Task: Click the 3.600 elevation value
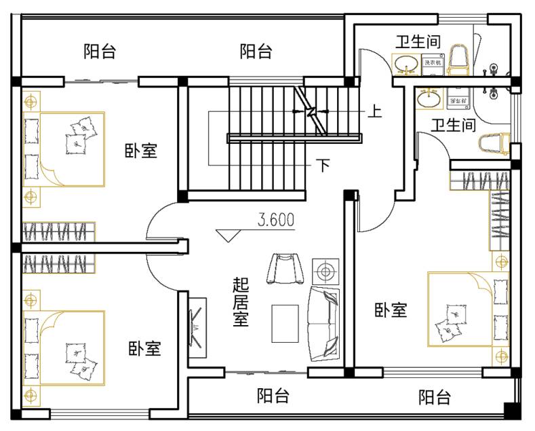point(275,220)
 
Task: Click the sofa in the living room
point(324,324)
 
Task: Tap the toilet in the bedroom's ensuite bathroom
point(494,144)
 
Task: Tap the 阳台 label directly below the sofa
point(273,396)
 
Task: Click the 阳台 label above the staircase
point(256,52)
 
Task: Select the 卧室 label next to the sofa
point(391,310)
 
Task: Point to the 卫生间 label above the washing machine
point(418,41)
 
